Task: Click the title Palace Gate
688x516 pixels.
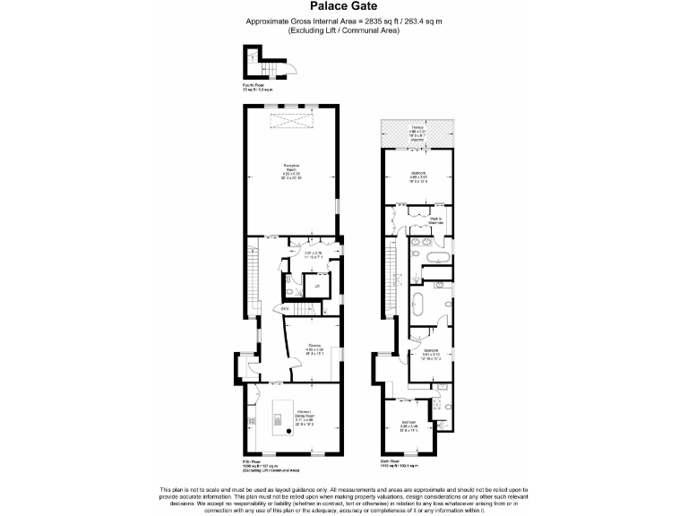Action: (x=343, y=6)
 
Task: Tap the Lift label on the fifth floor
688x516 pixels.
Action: (x=315, y=286)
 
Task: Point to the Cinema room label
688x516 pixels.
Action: (x=315, y=347)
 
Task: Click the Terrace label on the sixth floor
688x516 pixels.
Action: (x=417, y=128)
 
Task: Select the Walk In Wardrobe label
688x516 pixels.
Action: (x=434, y=220)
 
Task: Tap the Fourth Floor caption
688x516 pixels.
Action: (x=257, y=87)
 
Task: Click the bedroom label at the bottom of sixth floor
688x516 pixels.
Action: (x=408, y=424)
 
